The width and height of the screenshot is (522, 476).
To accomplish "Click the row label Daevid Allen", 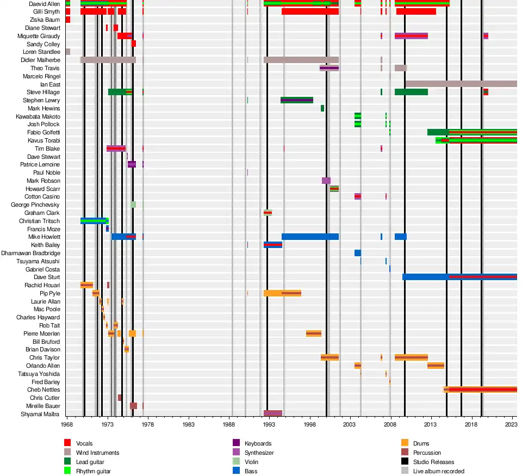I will point(45,4).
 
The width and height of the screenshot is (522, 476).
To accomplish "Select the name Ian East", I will point(50,84).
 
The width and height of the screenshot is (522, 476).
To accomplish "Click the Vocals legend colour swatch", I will point(68,443).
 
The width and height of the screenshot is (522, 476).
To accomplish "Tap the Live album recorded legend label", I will point(438,471).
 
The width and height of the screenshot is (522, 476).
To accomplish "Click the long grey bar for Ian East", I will point(461,84).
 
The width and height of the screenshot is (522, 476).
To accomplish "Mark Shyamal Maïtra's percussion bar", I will point(273,413).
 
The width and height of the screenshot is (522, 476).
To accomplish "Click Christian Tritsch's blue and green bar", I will point(95,221).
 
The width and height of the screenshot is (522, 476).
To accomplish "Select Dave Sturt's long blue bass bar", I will point(459,277).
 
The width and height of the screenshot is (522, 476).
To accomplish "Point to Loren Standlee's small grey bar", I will point(68,52).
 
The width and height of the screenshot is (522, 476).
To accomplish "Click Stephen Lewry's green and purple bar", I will point(297,100).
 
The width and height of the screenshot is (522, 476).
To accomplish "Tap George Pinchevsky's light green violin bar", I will point(133,205).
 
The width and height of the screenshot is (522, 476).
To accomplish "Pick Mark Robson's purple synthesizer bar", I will point(326,181).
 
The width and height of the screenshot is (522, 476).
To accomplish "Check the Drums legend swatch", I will point(405,443).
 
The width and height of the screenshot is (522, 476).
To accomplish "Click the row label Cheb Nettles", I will point(43,390).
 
